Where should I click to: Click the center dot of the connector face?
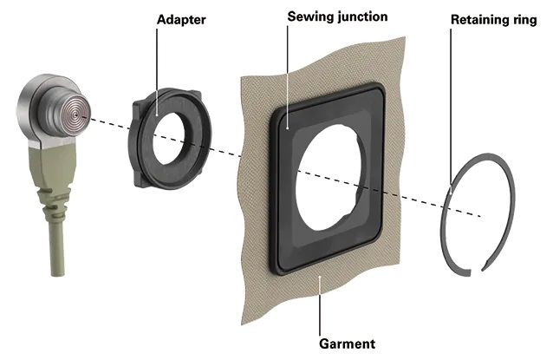(77, 113)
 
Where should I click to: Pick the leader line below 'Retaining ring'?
(458, 104)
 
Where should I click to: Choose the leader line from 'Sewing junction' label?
(286, 74)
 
